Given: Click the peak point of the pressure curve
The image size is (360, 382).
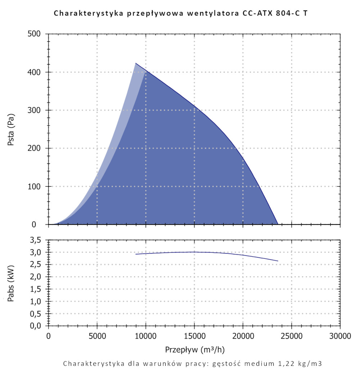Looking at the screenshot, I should (x=136, y=63).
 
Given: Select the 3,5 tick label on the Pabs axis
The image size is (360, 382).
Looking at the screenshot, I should (x=37, y=240).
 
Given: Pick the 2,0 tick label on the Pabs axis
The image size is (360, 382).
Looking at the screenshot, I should (x=37, y=277).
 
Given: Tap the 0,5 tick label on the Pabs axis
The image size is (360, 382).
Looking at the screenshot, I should (x=37, y=313).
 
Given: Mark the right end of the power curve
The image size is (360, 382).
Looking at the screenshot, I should (x=278, y=261).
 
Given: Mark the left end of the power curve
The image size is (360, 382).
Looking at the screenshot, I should (x=136, y=254).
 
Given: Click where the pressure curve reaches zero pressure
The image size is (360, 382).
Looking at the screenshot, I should (x=278, y=224).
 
